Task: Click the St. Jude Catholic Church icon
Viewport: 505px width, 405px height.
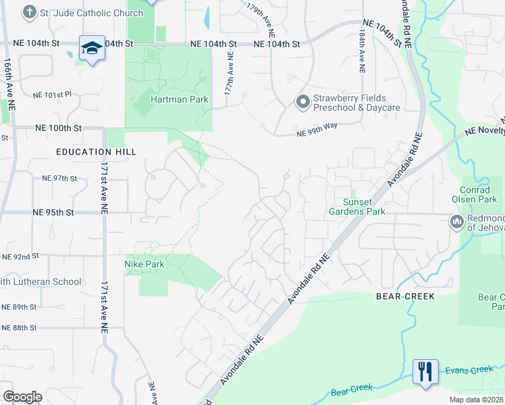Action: click(x=29, y=13)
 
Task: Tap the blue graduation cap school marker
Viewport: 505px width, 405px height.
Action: click(x=92, y=48)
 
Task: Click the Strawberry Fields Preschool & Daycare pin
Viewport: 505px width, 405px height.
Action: click(x=302, y=102)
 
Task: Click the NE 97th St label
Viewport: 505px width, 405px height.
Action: click(x=59, y=178)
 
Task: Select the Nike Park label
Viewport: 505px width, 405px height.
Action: click(x=144, y=264)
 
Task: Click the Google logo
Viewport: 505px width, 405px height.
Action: click(x=22, y=397)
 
